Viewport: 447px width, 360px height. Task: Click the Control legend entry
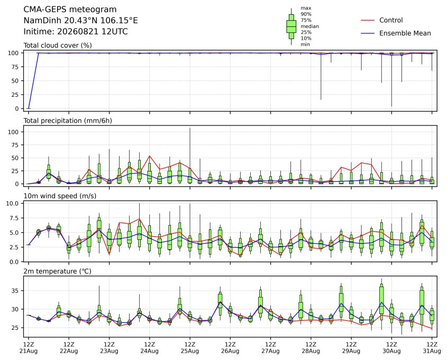382,20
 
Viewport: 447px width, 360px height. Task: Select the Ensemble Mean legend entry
396,33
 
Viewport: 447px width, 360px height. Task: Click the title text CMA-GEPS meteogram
70,10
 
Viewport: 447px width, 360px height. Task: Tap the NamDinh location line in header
80,21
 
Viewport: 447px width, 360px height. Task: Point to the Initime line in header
76,31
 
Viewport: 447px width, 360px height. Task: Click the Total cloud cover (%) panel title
58,46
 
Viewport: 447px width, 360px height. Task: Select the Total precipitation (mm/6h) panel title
68,121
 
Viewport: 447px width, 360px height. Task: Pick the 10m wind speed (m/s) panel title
60,196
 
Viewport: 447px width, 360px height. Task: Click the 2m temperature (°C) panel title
57,271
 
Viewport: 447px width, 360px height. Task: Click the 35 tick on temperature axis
15,291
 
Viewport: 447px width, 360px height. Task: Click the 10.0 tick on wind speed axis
12,203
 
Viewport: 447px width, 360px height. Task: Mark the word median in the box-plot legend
309,26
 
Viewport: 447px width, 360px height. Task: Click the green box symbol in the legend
291,26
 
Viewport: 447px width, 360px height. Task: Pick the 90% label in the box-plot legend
306,14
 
